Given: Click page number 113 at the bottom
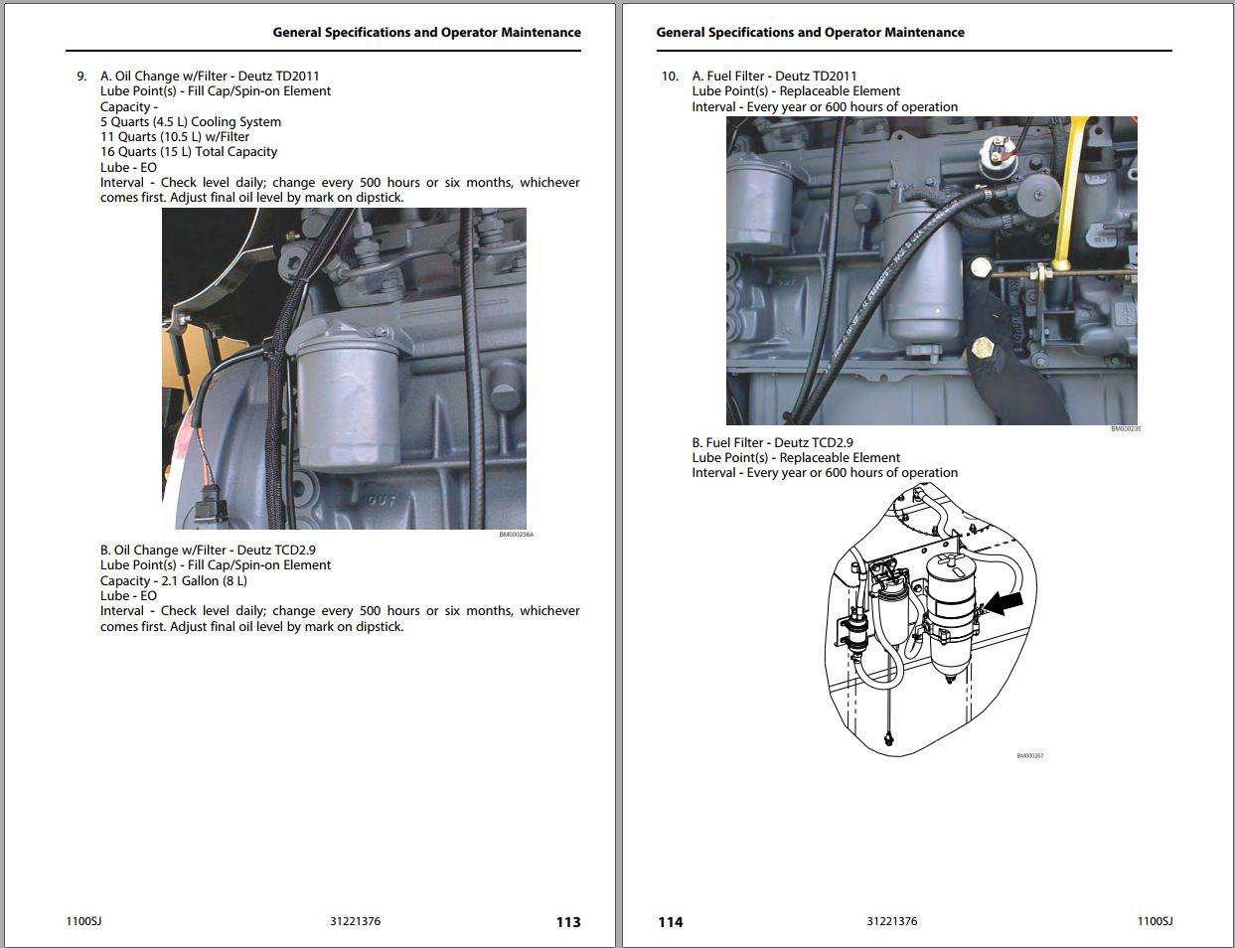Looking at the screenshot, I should pyautogui.click(x=567, y=922).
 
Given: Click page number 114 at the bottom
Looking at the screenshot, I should pyautogui.click(x=671, y=922).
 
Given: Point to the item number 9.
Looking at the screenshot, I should pyautogui.click(x=81, y=76).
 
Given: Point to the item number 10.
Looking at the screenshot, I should pyautogui.click(x=670, y=76).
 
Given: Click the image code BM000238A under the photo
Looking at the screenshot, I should pyautogui.click(x=516, y=535).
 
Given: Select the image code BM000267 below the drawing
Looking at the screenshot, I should pyautogui.click(x=1029, y=756).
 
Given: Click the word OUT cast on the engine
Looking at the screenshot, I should pyautogui.click(x=383, y=500).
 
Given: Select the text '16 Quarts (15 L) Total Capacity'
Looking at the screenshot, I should pyautogui.click(x=189, y=152).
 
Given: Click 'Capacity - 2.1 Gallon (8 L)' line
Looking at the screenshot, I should pyautogui.click(x=174, y=580).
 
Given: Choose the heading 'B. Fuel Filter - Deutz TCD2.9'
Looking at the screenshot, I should pyautogui.click(x=772, y=442).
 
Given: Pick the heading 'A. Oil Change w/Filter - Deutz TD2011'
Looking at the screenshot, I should pyautogui.click(x=210, y=76).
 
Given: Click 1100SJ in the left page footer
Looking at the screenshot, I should pyautogui.click(x=83, y=921).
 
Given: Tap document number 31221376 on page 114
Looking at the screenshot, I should pyautogui.click(x=891, y=921).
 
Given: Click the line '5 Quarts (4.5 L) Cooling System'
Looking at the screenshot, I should pyautogui.click(x=191, y=121).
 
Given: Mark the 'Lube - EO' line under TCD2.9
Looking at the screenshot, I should pyautogui.click(x=128, y=595).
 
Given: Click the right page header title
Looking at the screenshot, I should pyautogui.click(x=810, y=32).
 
